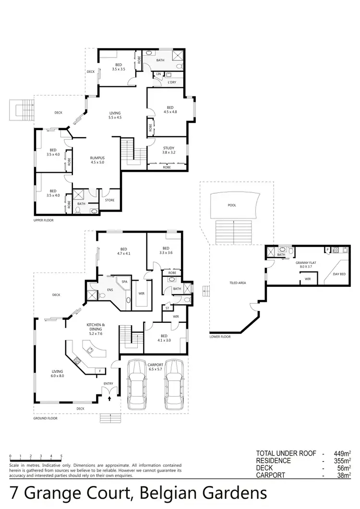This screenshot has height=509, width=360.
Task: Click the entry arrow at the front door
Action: [109, 398]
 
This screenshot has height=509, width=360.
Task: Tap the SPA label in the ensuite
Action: [124, 282]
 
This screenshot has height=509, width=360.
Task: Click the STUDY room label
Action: [168, 148]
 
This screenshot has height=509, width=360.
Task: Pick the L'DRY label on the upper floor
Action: [171, 82]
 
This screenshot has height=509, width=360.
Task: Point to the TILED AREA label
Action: [238, 283]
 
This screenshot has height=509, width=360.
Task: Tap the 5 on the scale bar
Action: [61, 456]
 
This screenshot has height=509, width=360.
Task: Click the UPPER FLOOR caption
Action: [44, 220]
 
